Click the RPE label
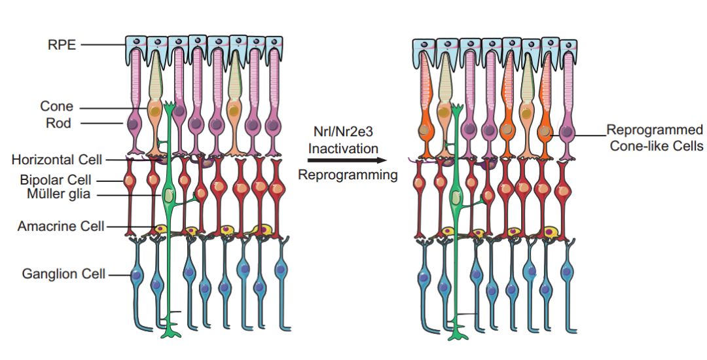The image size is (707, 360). click(x=63, y=45)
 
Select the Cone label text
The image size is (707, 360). click(x=57, y=107)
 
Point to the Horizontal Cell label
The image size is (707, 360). click(x=58, y=159)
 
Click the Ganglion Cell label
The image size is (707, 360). click(x=63, y=274)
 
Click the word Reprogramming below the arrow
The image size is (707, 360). click(x=348, y=175)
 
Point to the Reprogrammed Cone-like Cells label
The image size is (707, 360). click(x=655, y=137)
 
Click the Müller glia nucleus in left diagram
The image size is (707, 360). click(x=170, y=196)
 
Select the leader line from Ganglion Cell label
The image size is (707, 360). click(x=119, y=275)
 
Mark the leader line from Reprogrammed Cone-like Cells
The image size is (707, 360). click(x=580, y=135)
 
